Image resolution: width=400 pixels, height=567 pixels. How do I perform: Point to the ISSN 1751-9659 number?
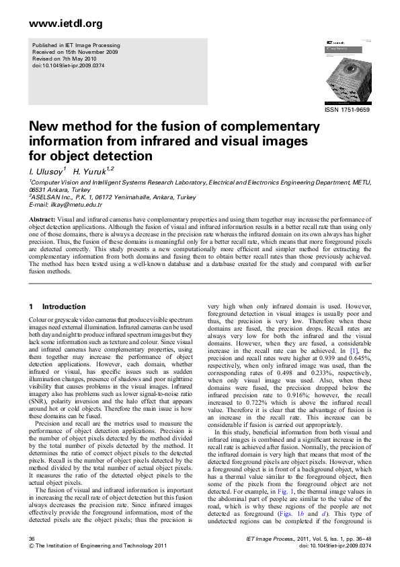(347, 109)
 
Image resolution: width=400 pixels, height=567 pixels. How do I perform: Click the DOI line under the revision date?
(70, 65)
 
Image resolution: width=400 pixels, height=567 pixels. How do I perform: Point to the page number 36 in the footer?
(32, 539)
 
